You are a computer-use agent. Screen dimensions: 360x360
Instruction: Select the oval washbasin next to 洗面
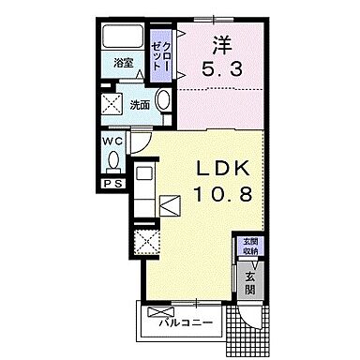163,102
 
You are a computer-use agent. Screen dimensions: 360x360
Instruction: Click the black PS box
112,185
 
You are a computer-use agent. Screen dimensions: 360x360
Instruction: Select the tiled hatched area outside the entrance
249,322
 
